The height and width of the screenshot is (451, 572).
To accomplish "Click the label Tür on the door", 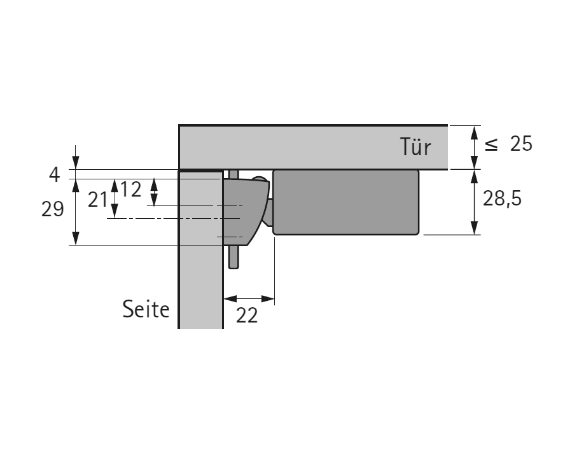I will pos(415,147).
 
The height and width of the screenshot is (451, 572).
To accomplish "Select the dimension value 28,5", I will pos(502,199).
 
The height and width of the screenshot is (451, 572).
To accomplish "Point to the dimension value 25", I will pos(520,144).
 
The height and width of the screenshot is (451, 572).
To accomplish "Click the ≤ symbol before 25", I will pos(491,145).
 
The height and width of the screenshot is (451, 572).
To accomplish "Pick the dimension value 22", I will pos(247,314).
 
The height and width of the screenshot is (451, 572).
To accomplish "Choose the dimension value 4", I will pos(55,174).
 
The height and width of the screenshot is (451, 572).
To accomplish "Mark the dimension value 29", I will pos(53,209).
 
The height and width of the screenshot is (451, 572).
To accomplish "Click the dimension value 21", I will pos(97,200).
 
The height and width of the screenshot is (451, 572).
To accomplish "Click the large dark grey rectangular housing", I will pos(345,202).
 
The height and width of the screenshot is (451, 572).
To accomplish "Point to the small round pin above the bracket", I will pos(259,180).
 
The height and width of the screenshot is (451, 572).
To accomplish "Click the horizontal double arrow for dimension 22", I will pos(249,298).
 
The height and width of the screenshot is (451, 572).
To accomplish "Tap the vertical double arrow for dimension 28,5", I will pos(474,202).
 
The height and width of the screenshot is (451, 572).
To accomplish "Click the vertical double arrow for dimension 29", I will pos(76,212).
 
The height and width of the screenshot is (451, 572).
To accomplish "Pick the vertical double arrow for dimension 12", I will pos(153,192).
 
